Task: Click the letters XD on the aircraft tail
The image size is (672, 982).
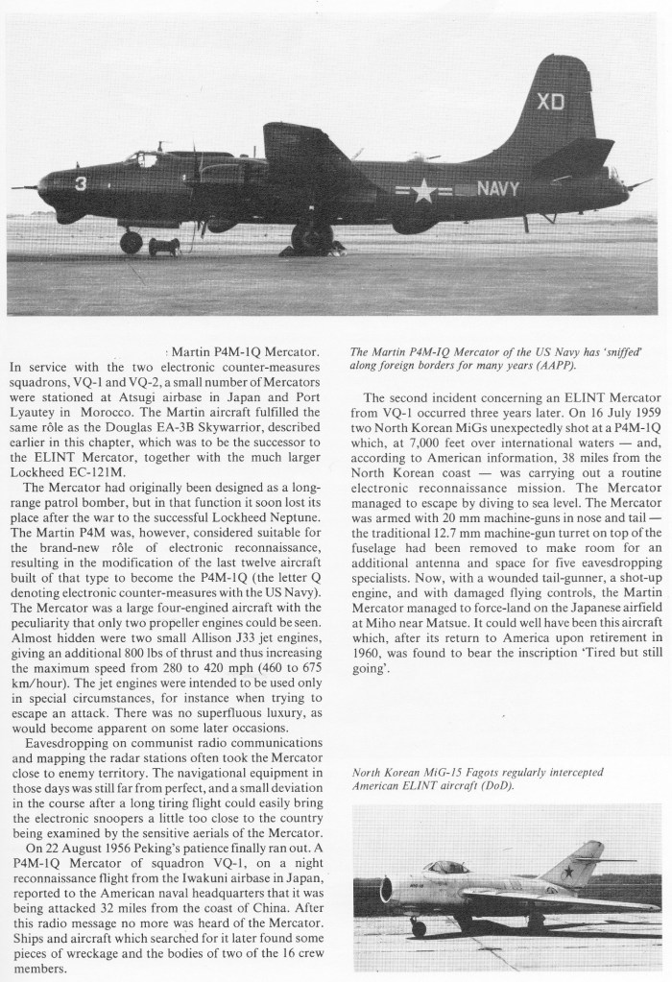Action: tap(549, 103)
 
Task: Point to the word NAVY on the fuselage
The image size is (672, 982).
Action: tap(499, 189)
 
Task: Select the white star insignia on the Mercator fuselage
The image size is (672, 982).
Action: tap(423, 192)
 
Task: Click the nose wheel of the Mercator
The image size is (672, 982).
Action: tap(131, 242)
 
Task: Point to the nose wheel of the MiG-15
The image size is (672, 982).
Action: tap(418, 927)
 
